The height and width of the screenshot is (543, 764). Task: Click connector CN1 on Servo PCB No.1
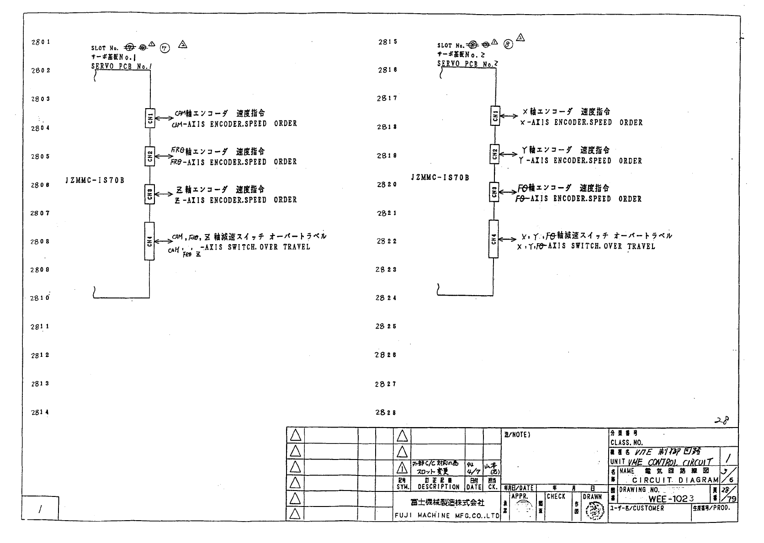tap(149, 118)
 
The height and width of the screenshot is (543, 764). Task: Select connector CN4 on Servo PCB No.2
tap(493, 239)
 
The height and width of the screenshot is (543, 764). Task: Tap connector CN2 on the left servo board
tap(149, 156)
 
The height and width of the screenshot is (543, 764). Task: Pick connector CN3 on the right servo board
tap(494, 192)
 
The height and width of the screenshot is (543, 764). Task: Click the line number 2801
tap(41, 42)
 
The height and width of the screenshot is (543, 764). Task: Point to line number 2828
tap(386, 412)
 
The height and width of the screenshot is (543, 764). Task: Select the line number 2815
tap(387, 42)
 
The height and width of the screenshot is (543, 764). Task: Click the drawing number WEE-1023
tap(671, 499)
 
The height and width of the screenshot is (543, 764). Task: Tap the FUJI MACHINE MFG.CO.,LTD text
tap(447, 516)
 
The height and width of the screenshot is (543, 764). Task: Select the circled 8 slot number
tap(508, 45)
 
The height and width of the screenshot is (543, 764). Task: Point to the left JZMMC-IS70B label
tap(95, 180)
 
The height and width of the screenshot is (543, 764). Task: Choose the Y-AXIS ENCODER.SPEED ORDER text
tap(580, 161)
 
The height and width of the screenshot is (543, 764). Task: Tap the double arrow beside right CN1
tap(509, 116)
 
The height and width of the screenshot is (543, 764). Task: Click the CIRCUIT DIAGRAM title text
tap(675, 480)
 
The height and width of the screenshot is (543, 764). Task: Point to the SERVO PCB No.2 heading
tap(467, 64)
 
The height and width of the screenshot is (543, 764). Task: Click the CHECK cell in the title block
tap(556, 496)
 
